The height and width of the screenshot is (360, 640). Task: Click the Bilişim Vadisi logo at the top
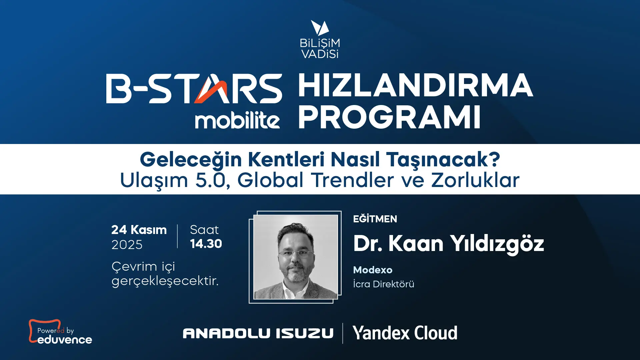click(x=319, y=39)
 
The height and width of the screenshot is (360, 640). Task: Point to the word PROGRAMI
click(x=389, y=117)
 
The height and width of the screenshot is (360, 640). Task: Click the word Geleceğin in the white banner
click(x=191, y=160)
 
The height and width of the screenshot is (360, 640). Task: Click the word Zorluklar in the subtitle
click(x=476, y=180)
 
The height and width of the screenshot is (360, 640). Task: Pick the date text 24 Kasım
click(x=139, y=230)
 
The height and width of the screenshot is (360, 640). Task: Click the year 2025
click(x=127, y=245)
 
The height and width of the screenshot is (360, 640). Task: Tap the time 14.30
click(x=206, y=244)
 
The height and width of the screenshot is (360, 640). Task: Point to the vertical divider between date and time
click(x=177, y=236)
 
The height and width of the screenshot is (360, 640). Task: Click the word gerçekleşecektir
click(x=165, y=281)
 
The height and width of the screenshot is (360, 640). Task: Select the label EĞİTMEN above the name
click(x=375, y=219)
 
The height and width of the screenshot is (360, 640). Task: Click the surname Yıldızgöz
click(x=497, y=244)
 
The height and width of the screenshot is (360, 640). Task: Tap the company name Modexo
click(x=373, y=270)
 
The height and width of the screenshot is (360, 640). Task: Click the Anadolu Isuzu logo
click(x=258, y=333)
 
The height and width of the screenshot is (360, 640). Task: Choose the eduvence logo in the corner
click(x=60, y=332)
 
